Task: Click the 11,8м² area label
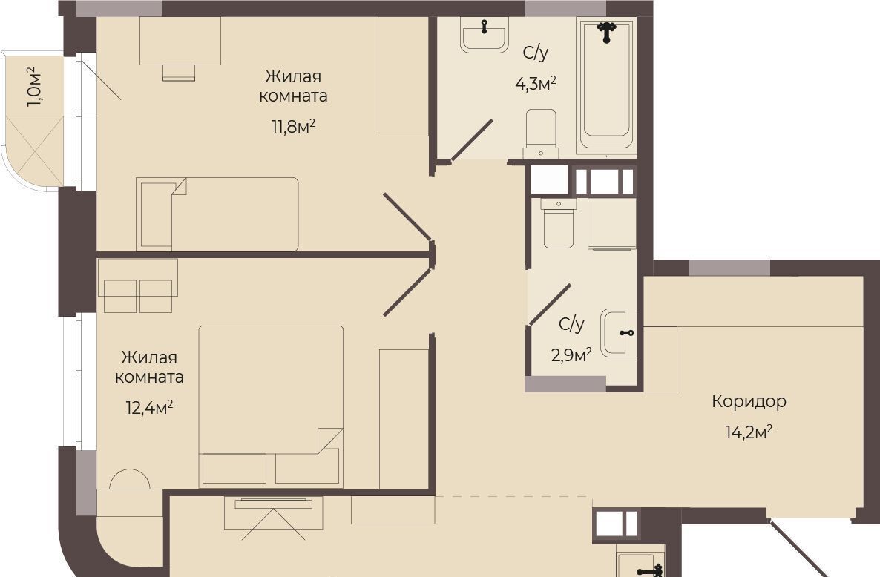(293, 126)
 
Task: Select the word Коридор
(749, 401)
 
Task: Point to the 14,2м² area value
(749, 432)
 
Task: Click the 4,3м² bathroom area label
(536, 84)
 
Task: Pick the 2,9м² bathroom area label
(571, 355)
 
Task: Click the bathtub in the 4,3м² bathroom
(606, 85)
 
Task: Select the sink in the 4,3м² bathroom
(485, 35)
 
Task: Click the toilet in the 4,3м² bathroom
(541, 133)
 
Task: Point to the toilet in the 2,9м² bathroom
(559, 223)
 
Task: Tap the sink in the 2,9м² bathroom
(619, 332)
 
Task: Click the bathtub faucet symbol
(606, 31)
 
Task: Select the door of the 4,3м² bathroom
(471, 140)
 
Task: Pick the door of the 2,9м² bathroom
(549, 304)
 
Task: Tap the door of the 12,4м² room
(407, 292)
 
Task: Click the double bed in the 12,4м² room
(271, 406)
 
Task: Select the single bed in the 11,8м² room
(217, 214)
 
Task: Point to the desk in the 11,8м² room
(180, 41)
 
